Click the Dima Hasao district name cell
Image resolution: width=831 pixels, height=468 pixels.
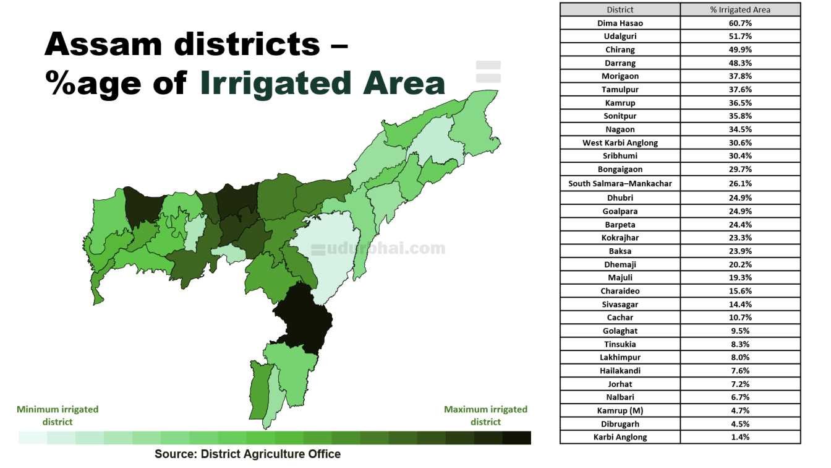[620, 23]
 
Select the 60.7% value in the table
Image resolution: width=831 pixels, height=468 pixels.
[740, 23]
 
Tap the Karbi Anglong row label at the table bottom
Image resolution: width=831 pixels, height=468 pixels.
[620, 437]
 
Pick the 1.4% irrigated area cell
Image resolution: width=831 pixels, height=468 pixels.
[740, 437]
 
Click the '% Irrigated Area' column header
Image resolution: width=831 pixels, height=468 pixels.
[740, 9]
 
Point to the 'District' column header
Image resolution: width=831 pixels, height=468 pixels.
[620, 9]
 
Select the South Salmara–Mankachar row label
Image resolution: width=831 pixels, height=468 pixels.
[620, 183]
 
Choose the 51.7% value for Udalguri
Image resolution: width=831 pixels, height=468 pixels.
[740, 37]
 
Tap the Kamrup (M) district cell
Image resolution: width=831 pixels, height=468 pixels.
[620, 410]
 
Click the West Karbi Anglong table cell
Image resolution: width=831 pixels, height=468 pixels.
[620, 142]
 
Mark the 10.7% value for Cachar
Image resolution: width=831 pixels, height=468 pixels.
[740, 318]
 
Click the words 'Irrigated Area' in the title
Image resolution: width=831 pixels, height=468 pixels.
[322, 84]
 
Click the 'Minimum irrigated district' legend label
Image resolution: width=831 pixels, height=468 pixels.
[58, 415]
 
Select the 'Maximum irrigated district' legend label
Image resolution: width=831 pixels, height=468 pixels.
[485, 415]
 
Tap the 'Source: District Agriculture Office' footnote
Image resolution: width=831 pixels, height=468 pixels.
[247, 454]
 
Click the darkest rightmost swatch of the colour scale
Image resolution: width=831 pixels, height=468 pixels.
[517, 438]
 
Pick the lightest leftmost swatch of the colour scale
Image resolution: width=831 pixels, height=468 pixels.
[32, 438]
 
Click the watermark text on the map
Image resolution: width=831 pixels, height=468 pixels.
[378, 249]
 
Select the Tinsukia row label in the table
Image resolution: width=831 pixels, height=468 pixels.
[620, 344]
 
